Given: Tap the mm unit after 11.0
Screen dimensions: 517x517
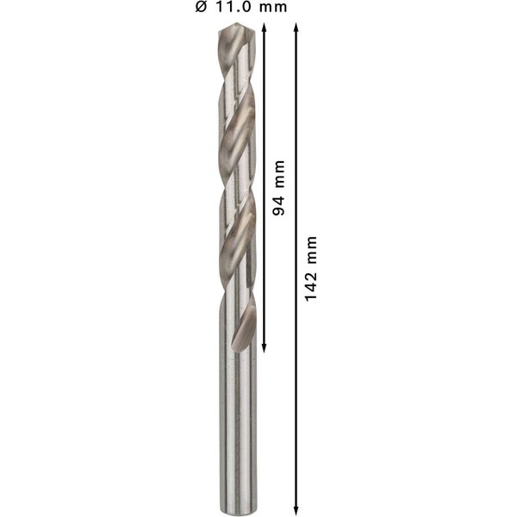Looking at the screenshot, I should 275,8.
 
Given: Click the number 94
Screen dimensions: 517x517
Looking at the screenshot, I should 277,202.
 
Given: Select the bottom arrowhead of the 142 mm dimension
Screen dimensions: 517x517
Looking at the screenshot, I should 297,508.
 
